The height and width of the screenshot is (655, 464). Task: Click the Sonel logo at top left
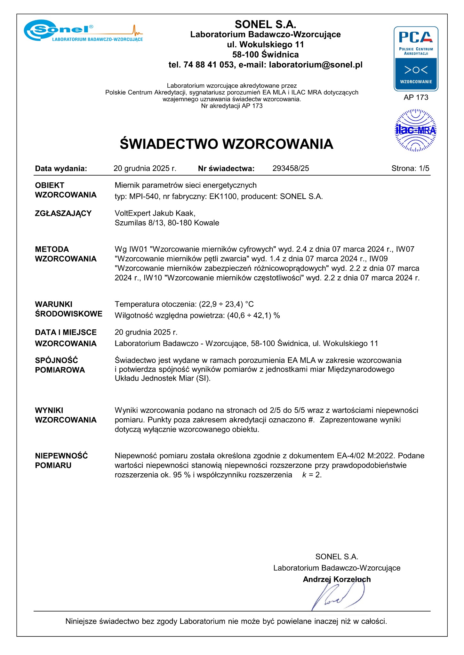point(83,31)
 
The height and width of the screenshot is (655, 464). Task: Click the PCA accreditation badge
point(416,59)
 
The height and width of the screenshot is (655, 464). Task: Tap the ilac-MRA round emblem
point(416,130)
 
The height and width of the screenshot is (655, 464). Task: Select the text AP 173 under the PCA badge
point(416,98)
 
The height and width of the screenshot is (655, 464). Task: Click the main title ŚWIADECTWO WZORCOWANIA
point(227,144)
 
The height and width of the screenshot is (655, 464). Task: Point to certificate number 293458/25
point(291,169)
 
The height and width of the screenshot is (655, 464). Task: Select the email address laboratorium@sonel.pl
point(316,65)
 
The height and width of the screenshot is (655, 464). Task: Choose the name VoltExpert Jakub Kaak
point(155,213)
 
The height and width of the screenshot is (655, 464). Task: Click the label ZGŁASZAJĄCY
point(63,213)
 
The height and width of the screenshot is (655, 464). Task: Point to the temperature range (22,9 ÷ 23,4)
point(221,304)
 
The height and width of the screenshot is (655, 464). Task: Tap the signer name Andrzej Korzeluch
point(337,579)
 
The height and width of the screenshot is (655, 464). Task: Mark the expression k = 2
point(312,475)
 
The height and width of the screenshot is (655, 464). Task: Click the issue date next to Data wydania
point(145,169)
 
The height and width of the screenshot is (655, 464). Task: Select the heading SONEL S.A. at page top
point(265,24)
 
